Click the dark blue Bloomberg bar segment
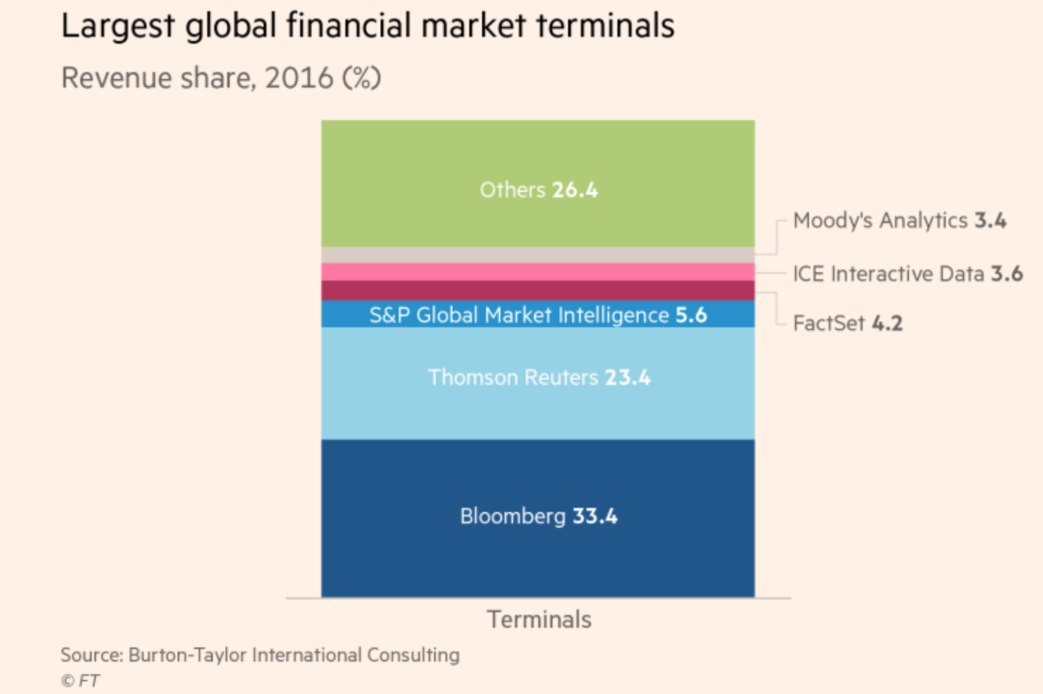tap(538, 557)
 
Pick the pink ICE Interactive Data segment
tap(538, 272)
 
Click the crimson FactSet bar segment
tap(538, 291)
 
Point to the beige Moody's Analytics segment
tap(538, 255)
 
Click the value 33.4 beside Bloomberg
tap(595, 516)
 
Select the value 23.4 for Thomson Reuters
tap(627, 377)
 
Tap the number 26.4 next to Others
tap(574, 190)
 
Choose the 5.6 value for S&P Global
tap(691, 315)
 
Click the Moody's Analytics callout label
tap(899, 221)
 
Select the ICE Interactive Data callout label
tap(907, 274)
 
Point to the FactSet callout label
tap(847, 323)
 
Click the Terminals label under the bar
tap(539, 619)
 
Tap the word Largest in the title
tap(118, 26)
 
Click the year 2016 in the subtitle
tap(299, 78)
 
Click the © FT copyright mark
tap(80, 681)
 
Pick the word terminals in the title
tap(605, 26)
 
